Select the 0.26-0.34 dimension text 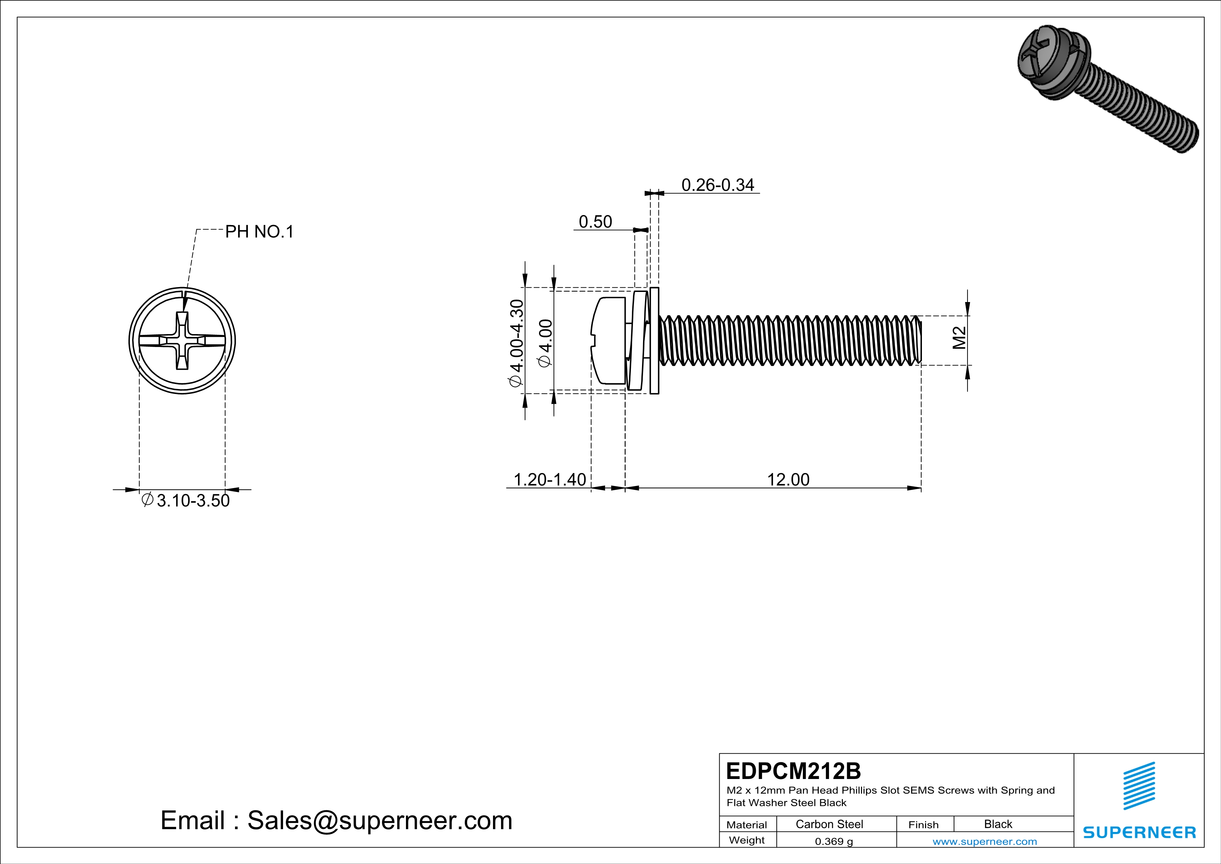coord(718,185)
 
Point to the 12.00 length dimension coord(788,480)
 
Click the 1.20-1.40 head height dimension coord(549,480)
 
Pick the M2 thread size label coord(959,338)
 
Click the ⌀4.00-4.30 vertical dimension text coord(516,343)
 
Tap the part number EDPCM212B coord(793,771)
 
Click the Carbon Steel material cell coord(829,824)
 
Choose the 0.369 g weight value coord(833,841)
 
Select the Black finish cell coord(997,824)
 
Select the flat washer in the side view coord(655,340)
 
